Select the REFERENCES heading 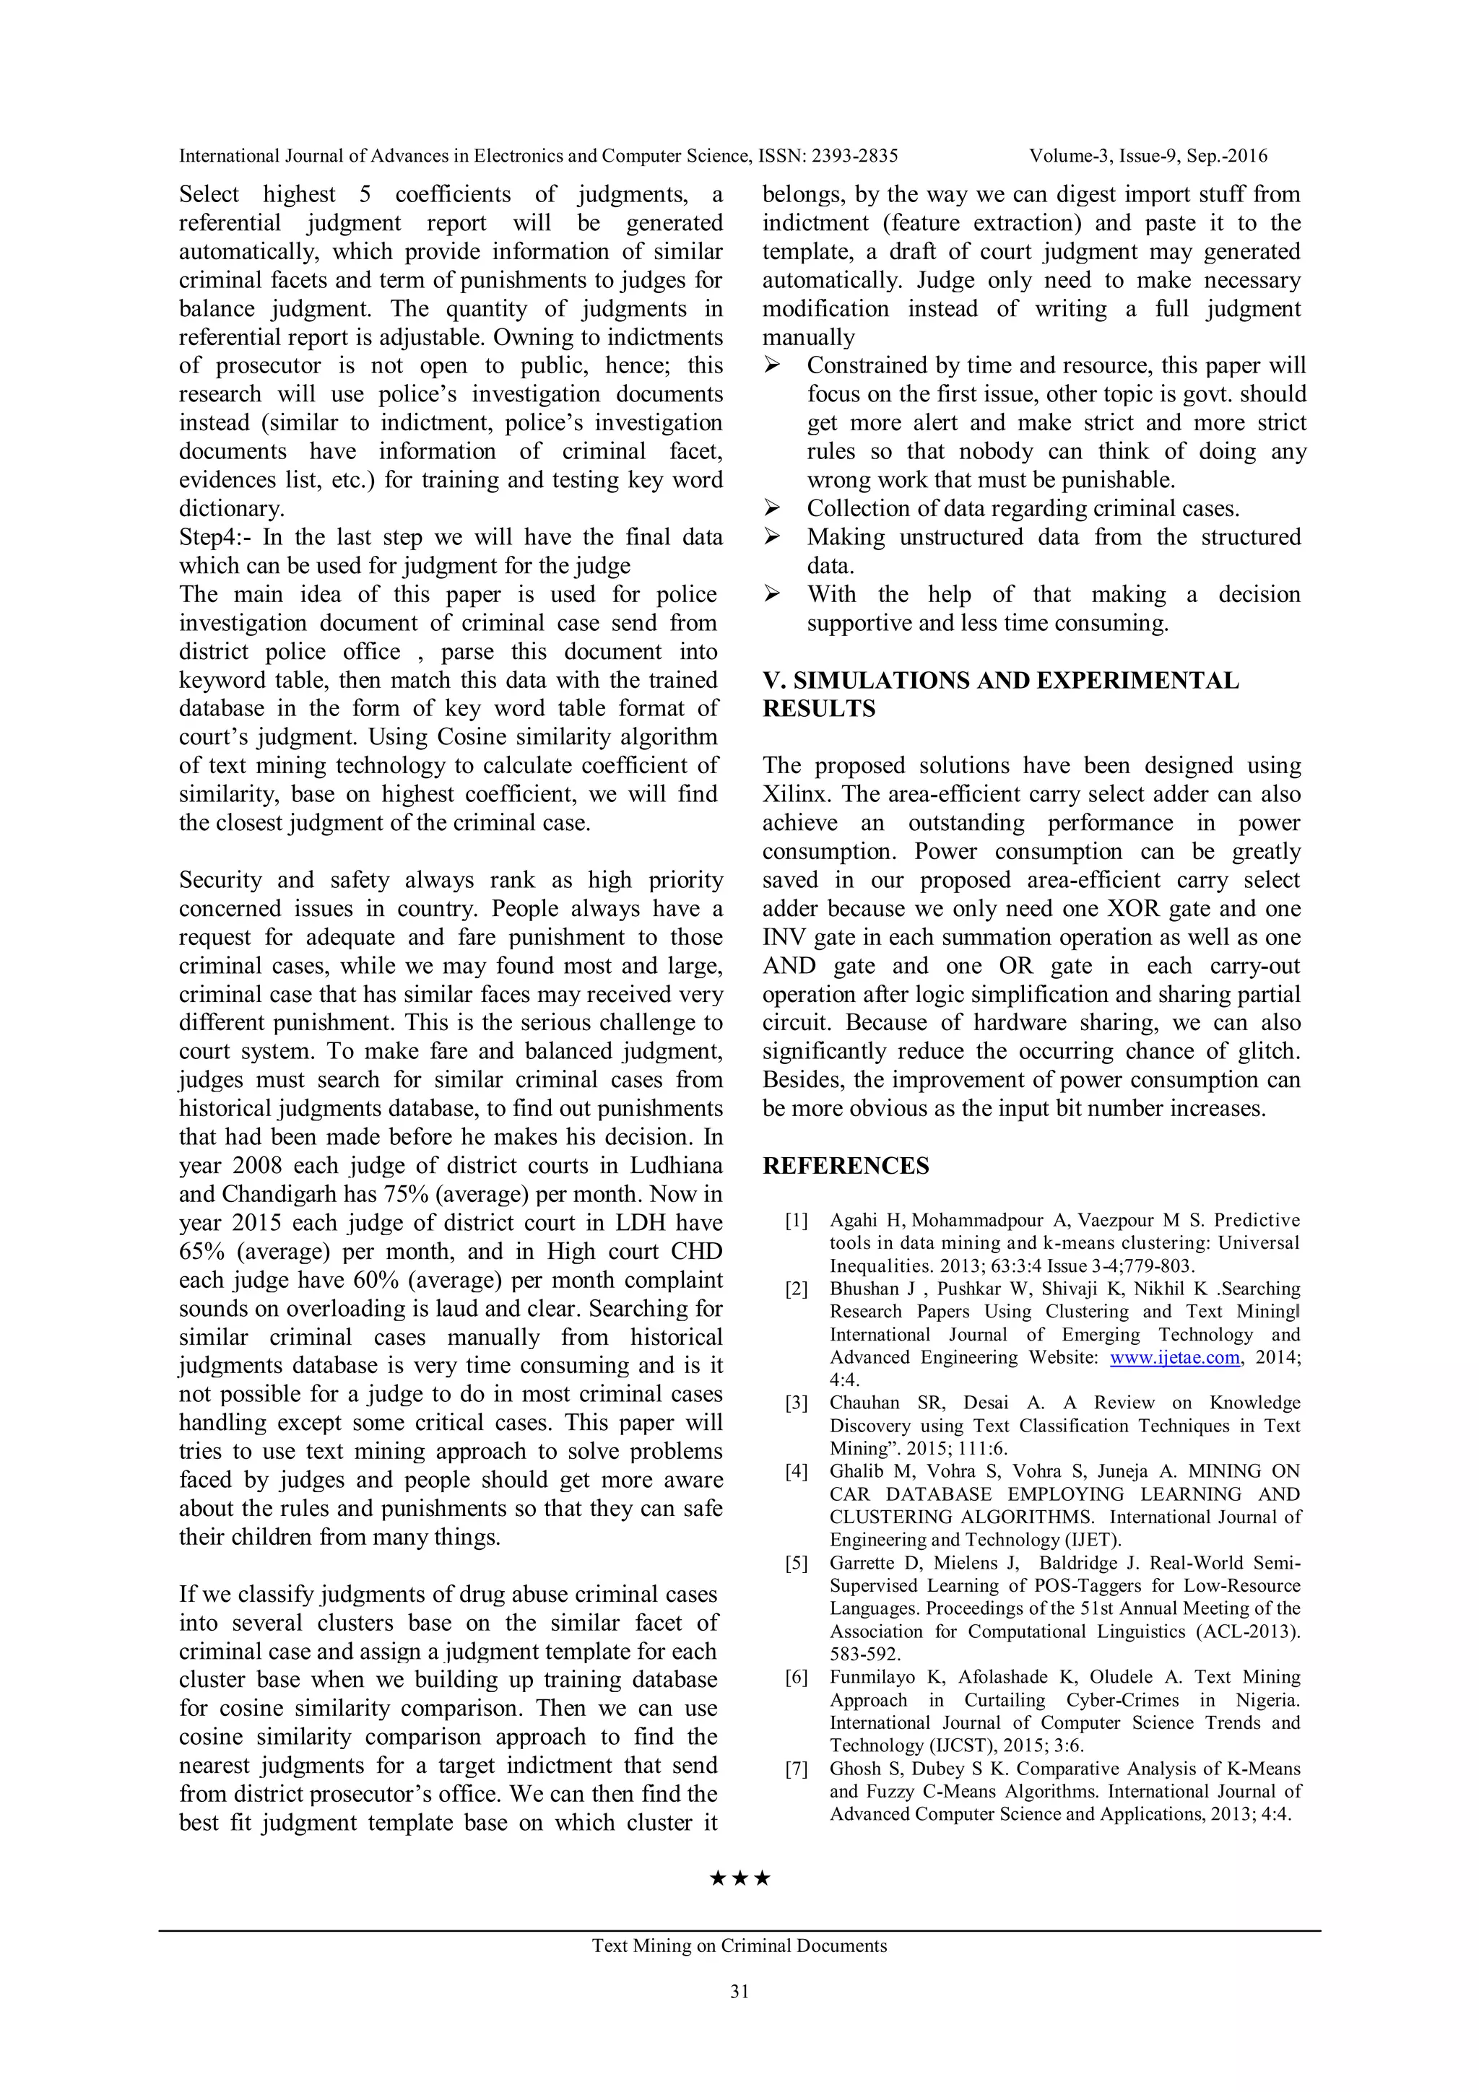click(x=846, y=1167)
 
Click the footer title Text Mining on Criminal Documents click(x=739, y=1945)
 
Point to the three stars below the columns click(x=739, y=1878)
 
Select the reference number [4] click(x=797, y=1471)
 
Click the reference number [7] click(x=797, y=1769)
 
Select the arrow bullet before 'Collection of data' click(x=773, y=508)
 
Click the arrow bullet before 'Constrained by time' click(x=773, y=365)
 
